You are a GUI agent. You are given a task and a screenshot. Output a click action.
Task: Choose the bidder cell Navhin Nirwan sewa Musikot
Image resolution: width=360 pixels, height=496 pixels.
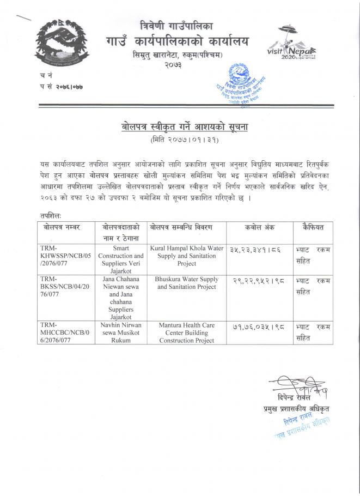pyautogui.click(x=120, y=332)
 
